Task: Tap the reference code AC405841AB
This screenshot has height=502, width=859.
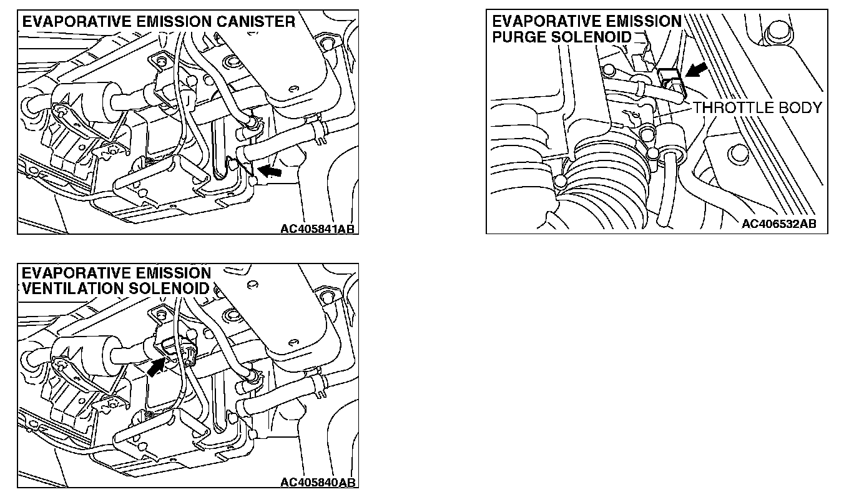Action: pos(317,229)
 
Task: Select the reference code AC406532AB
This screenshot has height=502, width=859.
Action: pos(778,224)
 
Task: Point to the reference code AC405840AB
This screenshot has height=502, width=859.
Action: pos(317,482)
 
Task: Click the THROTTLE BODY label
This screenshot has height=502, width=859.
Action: pos(757,107)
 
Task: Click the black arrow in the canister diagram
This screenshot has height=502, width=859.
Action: pos(269,171)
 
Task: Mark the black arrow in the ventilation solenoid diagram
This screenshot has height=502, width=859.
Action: pos(155,367)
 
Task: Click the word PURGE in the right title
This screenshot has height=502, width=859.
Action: pos(519,37)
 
